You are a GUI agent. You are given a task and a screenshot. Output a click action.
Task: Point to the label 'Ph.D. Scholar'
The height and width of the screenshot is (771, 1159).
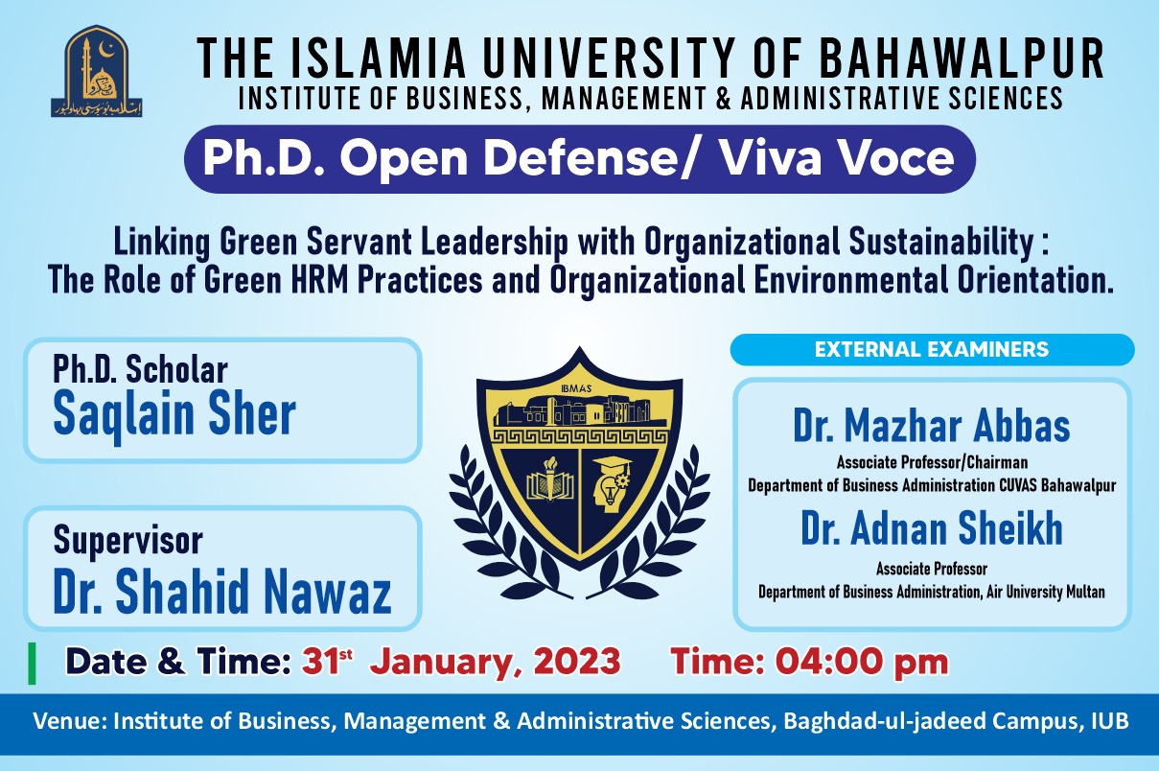[140, 369]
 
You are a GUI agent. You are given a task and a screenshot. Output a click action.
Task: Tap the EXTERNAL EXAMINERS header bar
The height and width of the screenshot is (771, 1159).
[932, 350]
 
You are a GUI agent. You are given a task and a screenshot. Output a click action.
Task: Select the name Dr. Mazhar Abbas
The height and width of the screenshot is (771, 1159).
[931, 428]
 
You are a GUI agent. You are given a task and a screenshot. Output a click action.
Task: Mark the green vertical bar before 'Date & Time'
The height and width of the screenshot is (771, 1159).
[33, 662]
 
